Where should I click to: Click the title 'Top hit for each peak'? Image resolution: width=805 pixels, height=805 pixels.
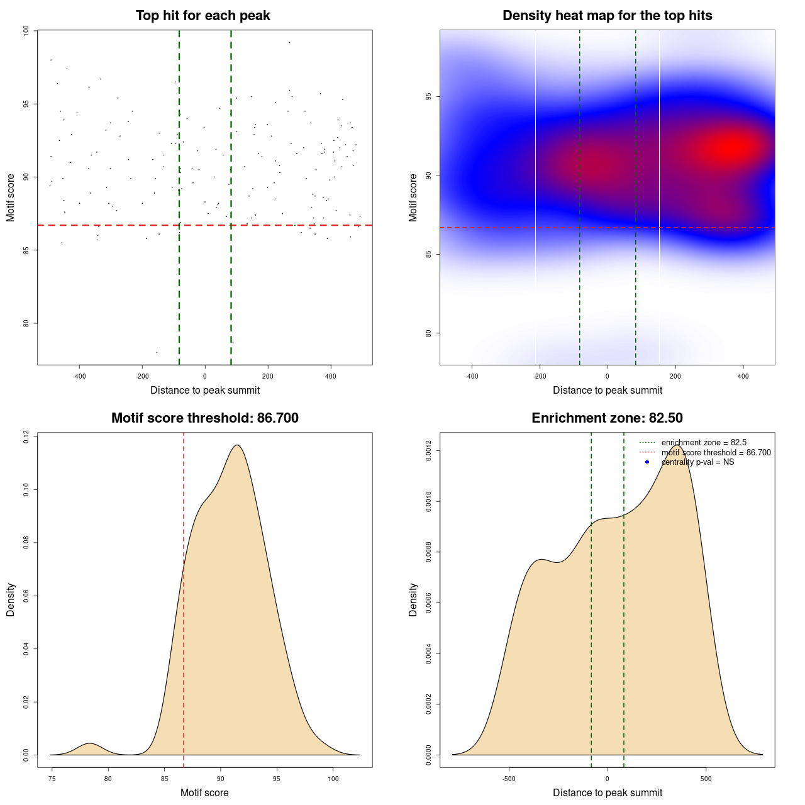tap(203, 16)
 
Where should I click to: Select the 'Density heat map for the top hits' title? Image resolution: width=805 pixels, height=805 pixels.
tap(607, 16)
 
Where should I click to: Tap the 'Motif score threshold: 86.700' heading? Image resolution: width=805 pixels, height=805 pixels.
tap(204, 418)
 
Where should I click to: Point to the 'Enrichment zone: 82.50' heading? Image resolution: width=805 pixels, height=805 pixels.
tap(607, 418)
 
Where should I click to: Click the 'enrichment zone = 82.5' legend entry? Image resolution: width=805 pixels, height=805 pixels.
tap(704, 443)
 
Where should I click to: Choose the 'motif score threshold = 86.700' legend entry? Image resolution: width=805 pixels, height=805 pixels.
tap(716, 452)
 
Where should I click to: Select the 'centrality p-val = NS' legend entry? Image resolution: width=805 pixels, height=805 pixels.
tap(697, 462)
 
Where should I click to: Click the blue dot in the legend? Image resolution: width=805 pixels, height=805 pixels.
tap(647, 462)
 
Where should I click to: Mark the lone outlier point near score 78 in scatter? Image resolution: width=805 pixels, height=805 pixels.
tap(157, 352)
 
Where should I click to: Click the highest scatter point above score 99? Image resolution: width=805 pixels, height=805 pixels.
tap(289, 42)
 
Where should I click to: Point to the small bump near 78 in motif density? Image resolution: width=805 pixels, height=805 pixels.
tap(89, 744)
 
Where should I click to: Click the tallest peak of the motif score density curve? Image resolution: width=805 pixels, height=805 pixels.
tap(236, 445)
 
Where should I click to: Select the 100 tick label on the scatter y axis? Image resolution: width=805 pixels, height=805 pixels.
tap(26, 31)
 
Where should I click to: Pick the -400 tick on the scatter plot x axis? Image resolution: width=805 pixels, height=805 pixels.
tap(79, 376)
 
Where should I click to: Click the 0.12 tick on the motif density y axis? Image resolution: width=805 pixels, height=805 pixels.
tap(26, 436)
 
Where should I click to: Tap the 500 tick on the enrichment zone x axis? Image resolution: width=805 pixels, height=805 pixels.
tap(706, 779)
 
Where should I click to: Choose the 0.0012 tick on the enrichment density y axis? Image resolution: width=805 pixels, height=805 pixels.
tap(428, 451)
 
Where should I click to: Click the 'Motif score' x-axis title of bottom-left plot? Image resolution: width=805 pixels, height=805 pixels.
tap(204, 792)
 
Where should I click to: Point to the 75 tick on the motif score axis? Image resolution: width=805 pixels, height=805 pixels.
tap(52, 779)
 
